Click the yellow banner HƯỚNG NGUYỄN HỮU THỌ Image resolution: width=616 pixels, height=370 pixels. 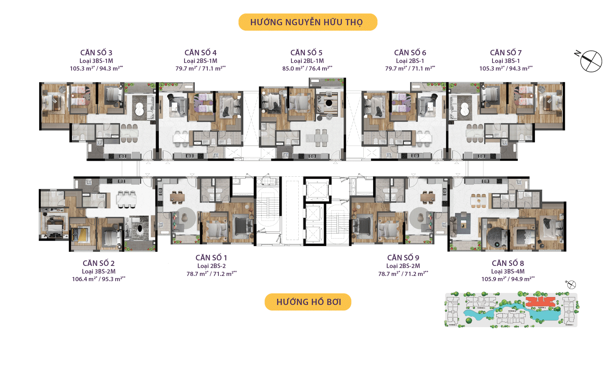pyautogui.click(x=308, y=22)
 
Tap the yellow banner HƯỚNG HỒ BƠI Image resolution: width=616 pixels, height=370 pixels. pyautogui.click(x=308, y=302)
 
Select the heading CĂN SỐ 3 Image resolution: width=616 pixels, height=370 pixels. pyautogui.click(x=96, y=53)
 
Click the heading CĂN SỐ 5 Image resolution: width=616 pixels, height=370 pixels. pyautogui.click(x=306, y=53)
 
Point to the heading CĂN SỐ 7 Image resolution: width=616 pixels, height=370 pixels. pyautogui.click(x=506, y=53)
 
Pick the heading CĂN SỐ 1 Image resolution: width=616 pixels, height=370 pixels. pyautogui.click(x=211, y=258)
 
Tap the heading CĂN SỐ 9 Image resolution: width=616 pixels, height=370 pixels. pyautogui.click(x=403, y=258)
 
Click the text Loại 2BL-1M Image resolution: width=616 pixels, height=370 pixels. pyautogui.click(x=307, y=61)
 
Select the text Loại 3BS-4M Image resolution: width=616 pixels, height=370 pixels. pyautogui.click(x=508, y=271)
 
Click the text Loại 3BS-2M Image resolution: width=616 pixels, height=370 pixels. pyautogui.click(x=99, y=271)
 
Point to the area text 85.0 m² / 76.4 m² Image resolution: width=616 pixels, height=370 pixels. pyautogui.click(x=307, y=68)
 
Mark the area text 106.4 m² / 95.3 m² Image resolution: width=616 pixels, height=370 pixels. pyautogui.click(x=99, y=279)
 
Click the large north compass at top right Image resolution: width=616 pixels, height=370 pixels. pyautogui.click(x=591, y=61)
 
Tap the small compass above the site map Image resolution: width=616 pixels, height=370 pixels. pyautogui.click(x=571, y=285)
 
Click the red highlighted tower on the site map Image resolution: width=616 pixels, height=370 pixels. pyautogui.click(x=540, y=302)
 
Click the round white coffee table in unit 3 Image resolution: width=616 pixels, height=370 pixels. pyautogui.click(x=139, y=109)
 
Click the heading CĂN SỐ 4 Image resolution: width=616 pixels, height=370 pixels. pyautogui.click(x=200, y=53)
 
